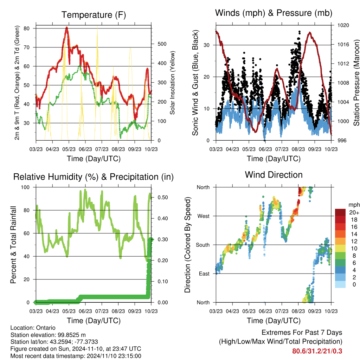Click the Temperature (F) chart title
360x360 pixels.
[93, 15]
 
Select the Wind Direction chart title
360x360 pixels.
[274, 175]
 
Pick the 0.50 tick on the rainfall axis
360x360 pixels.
[160, 198]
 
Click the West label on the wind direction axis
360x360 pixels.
[203, 216]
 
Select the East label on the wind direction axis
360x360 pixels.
[204, 274]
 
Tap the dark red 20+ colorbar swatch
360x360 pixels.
[340, 212]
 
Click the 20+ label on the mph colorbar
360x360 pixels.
[353, 212]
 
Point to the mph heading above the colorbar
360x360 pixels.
[353, 205]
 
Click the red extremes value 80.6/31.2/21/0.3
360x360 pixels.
[317, 351]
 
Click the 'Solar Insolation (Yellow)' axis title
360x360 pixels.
[173, 83]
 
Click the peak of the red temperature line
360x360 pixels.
[66, 27]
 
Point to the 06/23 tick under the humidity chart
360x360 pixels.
[85, 311]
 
